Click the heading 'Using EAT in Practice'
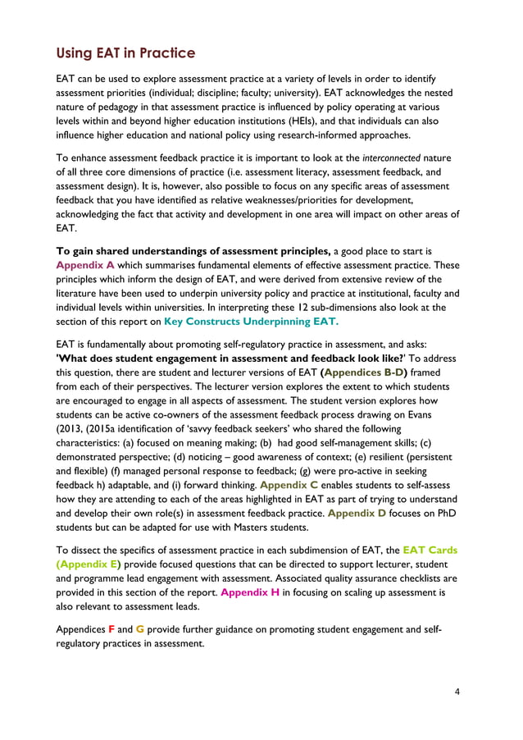coord(125,54)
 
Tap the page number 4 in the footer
coord(457,691)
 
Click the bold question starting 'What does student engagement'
coord(215,357)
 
